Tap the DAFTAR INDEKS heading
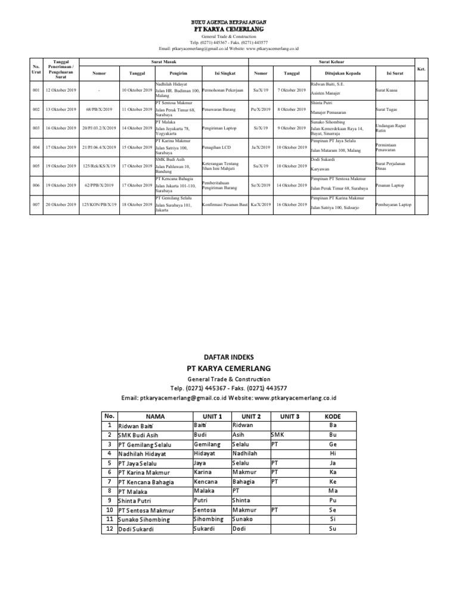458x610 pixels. point(228,356)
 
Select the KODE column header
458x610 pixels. point(333,416)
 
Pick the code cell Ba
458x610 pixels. point(333,425)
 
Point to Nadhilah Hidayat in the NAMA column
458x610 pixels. point(142,454)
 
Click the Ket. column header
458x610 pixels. point(421,69)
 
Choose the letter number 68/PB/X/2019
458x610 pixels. point(99,110)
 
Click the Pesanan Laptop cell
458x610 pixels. point(390,185)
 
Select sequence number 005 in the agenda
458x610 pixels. point(36,166)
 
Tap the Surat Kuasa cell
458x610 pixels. point(387,90)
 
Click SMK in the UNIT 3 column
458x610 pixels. point(277,435)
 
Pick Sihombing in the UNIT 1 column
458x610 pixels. point(208,519)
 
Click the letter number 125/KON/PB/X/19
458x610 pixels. point(99,204)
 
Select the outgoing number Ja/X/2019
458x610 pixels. point(261,147)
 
